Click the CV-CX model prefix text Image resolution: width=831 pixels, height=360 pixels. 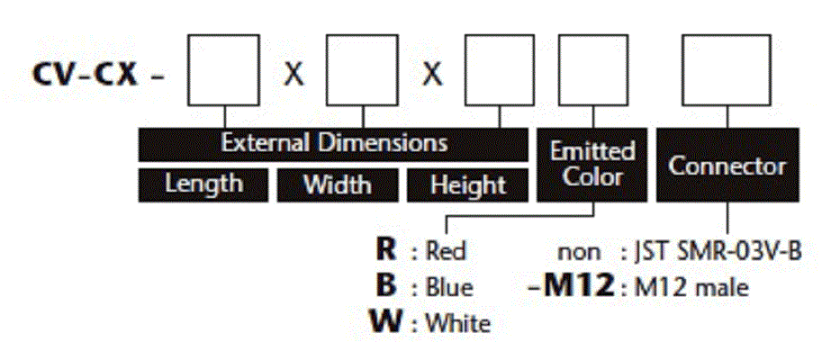click(86, 76)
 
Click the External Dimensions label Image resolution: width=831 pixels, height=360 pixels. click(333, 144)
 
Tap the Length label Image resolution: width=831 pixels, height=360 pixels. click(203, 184)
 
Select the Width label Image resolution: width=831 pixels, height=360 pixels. click(337, 184)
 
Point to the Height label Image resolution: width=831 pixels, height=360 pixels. click(467, 184)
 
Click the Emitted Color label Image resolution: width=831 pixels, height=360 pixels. click(592, 165)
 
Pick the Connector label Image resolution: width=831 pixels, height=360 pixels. click(727, 165)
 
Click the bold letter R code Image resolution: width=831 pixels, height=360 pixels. click(386, 250)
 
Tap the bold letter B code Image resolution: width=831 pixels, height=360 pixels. click(386, 286)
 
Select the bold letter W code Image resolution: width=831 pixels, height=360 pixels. click(385, 321)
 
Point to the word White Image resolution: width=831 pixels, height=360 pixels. click(458, 322)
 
